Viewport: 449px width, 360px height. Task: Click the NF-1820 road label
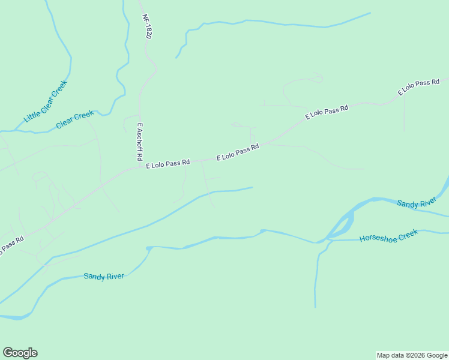[x=147, y=27]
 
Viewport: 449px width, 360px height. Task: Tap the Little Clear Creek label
[x=45, y=101]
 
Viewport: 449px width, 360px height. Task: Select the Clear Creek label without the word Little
[x=75, y=119]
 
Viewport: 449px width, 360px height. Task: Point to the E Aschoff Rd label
[x=140, y=142]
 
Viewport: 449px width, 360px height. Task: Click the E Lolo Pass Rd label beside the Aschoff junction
[x=167, y=163]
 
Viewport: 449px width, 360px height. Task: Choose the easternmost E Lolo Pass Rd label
[x=419, y=87]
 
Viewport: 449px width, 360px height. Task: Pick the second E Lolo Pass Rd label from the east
[x=327, y=112]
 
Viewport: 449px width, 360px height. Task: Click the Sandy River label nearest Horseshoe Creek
[x=416, y=204]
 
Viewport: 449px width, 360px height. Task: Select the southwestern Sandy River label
[x=104, y=276]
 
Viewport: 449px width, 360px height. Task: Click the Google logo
[x=20, y=353]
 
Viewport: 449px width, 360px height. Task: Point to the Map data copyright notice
[x=412, y=355]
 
